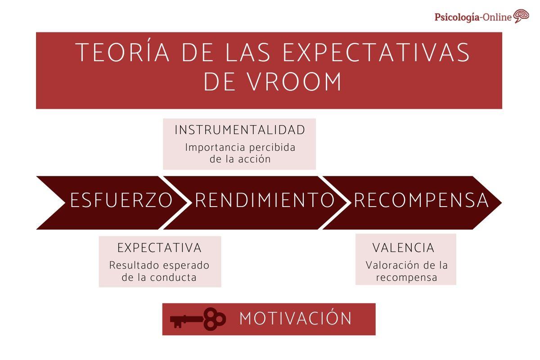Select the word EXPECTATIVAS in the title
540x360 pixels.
pyautogui.click(x=376, y=53)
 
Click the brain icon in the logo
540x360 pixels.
pyautogui.click(x=521, y=16)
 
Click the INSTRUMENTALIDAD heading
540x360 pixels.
pyautogui.click(x=240, y=130)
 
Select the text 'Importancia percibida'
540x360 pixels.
pyautogui.click(x=240, y=148)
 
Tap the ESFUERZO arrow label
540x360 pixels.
pyautogui.click(x=121, y=200)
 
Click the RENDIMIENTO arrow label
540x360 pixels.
pyautogui.click(x=265, y=200)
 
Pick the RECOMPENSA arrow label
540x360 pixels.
pyautogui.click(x=421, y=200)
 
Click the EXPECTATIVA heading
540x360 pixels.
pyautogui.click(x=159, y=248)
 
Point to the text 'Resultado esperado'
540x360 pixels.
pyautogui.click(x=159, y=265)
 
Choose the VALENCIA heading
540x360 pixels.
pyautogui.click(x=403, y=248)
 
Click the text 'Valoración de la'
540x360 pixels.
pyautogui.click(x=406, y=265)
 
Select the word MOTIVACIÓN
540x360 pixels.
pyautogui.click(x=295, y=319)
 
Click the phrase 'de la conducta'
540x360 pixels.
pyautogui.click(x=159, y=277)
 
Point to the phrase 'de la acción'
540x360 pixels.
pyautogui.click(x=240, y=159)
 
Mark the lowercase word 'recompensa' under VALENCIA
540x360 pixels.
pyautogui.click(x=406, y=277)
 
